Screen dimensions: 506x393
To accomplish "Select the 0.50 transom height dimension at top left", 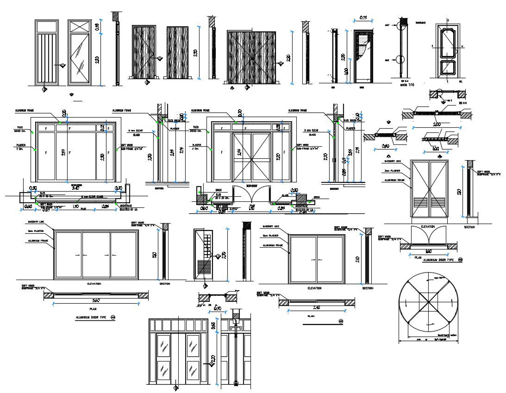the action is coord(97,27).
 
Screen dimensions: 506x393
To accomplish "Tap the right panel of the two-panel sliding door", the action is coord(331,259).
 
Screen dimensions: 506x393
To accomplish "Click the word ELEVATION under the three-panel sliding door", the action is coord(94,283).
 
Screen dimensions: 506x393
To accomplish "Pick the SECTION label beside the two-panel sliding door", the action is coord(368,288).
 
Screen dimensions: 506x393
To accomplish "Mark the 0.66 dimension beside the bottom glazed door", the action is coord(213,325).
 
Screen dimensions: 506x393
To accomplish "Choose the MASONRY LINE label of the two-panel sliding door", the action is coord(271,226).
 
